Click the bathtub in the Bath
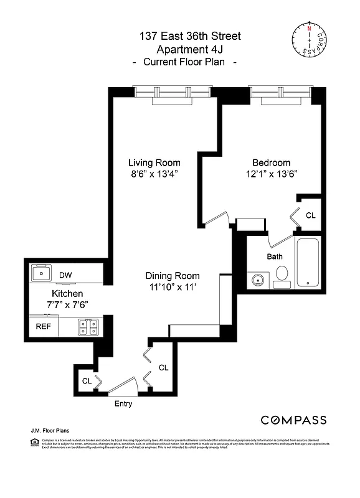click(x=308, y=263)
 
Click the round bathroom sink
click(x=258, y=281)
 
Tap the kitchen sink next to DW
click(x=42, y=273)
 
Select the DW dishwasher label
click(x=65, y=275)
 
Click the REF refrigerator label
click(x=42, y=326)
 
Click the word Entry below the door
click(x=123, y=403)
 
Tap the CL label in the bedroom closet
click(x=310, y=215)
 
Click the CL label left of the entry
click(x=87, y=380)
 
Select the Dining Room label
click(x=173, y=276)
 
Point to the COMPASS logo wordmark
click(x=293, y=420)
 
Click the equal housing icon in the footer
click(x=34, y=442)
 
